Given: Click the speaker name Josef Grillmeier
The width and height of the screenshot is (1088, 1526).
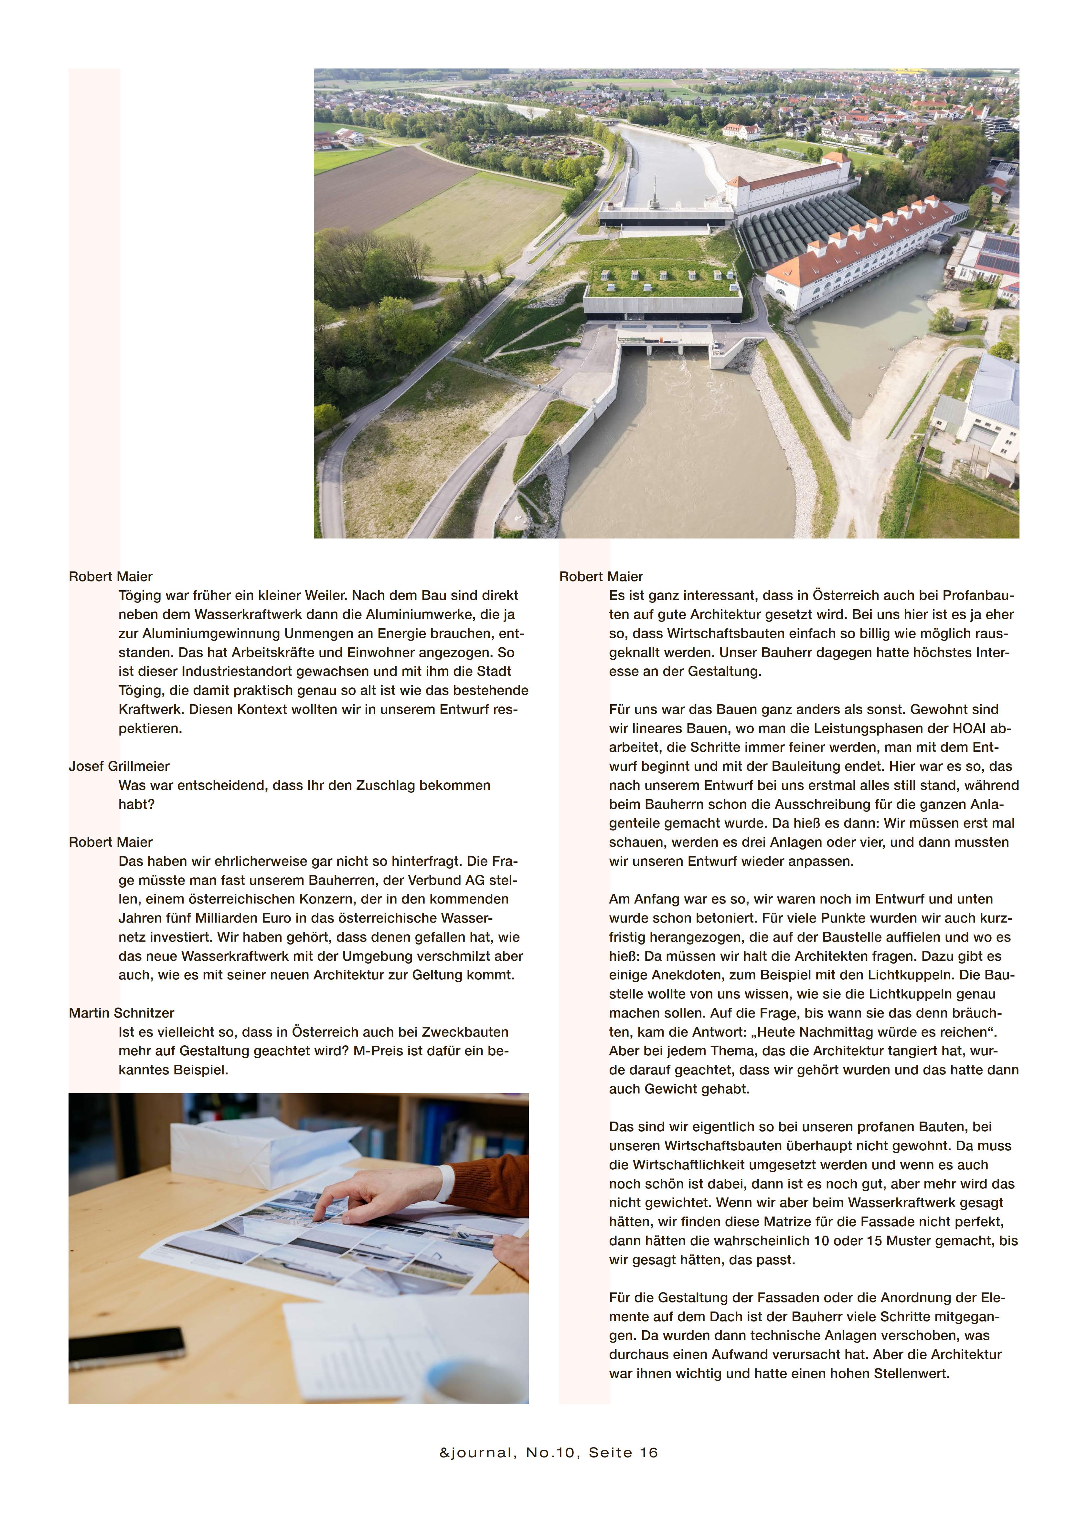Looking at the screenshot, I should tap(119, 766).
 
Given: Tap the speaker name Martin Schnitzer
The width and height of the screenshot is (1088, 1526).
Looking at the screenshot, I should tap(121, 1013).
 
